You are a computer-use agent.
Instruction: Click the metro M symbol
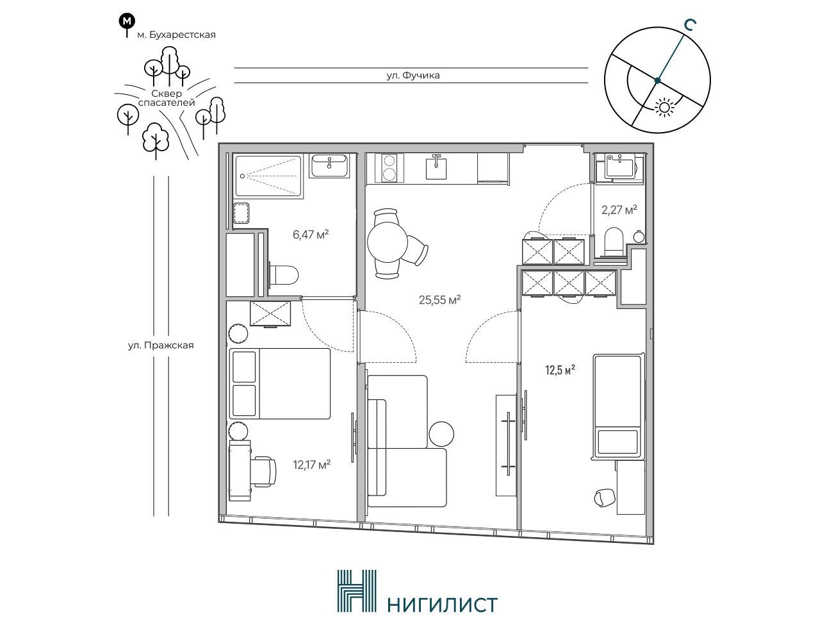pyautogui.click(x=127, y=21)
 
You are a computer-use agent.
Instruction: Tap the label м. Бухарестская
pyautogui.click(x=176, y=35)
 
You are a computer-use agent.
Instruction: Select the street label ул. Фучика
pyautogui.click(x=413, y=76)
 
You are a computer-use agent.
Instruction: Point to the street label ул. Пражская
pyautogui.click(x=161, y=346)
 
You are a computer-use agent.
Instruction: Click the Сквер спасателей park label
pyautogui.click(x=167, y=98)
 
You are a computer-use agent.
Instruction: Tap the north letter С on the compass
pyautogui.click(x=690, y=25)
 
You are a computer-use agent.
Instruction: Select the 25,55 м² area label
pyautogui.click(x=440, y=300)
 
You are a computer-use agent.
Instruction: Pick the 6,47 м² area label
pyautogui.click(x=311, y=235)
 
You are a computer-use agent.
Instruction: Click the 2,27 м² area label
pyautogui.click(x=619, y=210)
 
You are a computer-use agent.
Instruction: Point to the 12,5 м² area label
pyautogui.click(x=560, y=370)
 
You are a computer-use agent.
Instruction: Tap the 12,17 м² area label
pyautogui.click(x=311, y=465)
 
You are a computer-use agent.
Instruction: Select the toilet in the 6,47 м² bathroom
pyautogui.click(x=284, y=275)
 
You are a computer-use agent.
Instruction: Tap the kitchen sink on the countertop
pyautogui.click(x=436, y=167)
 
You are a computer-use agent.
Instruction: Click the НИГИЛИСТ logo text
pyautogui.click(x=442, y=605)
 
